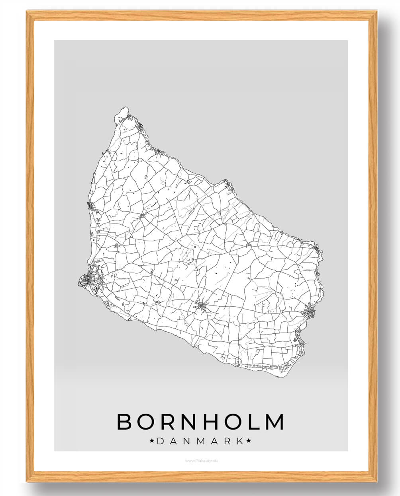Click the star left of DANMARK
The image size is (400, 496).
152,441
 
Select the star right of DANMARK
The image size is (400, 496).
249,441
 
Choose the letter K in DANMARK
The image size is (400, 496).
240,441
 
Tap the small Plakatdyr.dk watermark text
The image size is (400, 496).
201,461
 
